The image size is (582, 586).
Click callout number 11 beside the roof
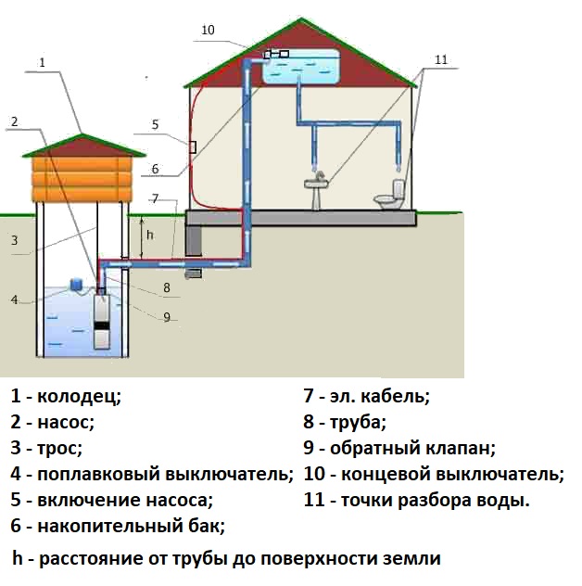point(440,59)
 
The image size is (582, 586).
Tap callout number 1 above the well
point(44,62)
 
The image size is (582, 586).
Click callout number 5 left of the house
point(155,124)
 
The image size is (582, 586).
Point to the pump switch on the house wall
point(191,146)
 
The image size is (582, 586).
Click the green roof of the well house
point(83,146)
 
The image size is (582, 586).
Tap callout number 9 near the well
point(167,316)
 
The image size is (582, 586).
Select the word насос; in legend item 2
point(66,422)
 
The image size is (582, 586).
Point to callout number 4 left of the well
point(15,299)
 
